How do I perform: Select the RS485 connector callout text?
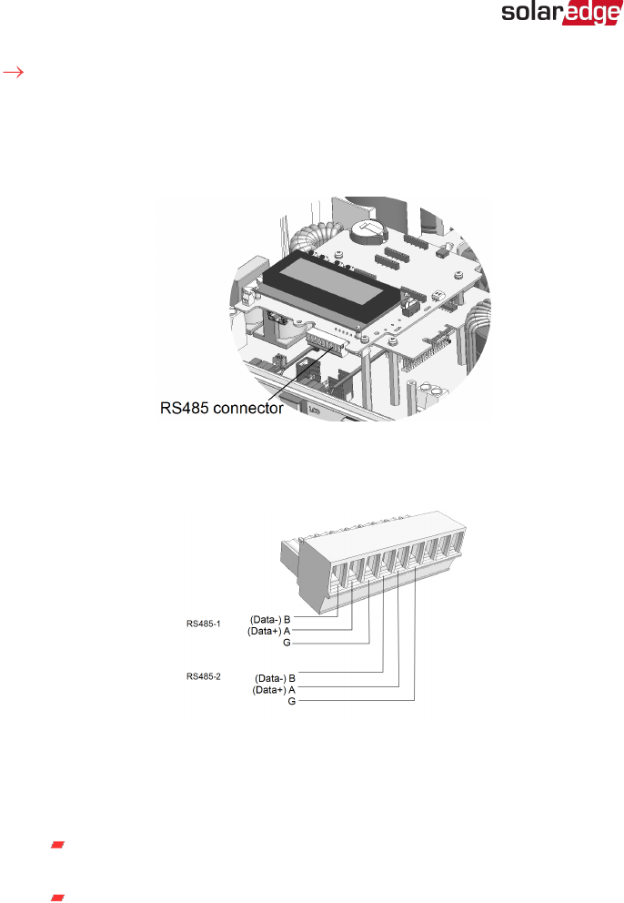tap(216, 409)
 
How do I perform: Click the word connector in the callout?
tap(247, 409)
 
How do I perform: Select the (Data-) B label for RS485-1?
tap(270, 619)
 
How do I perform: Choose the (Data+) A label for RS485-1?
tap(270, 630)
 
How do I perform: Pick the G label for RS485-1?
tap(287, 642)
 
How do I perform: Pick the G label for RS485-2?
tap(291, 702)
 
